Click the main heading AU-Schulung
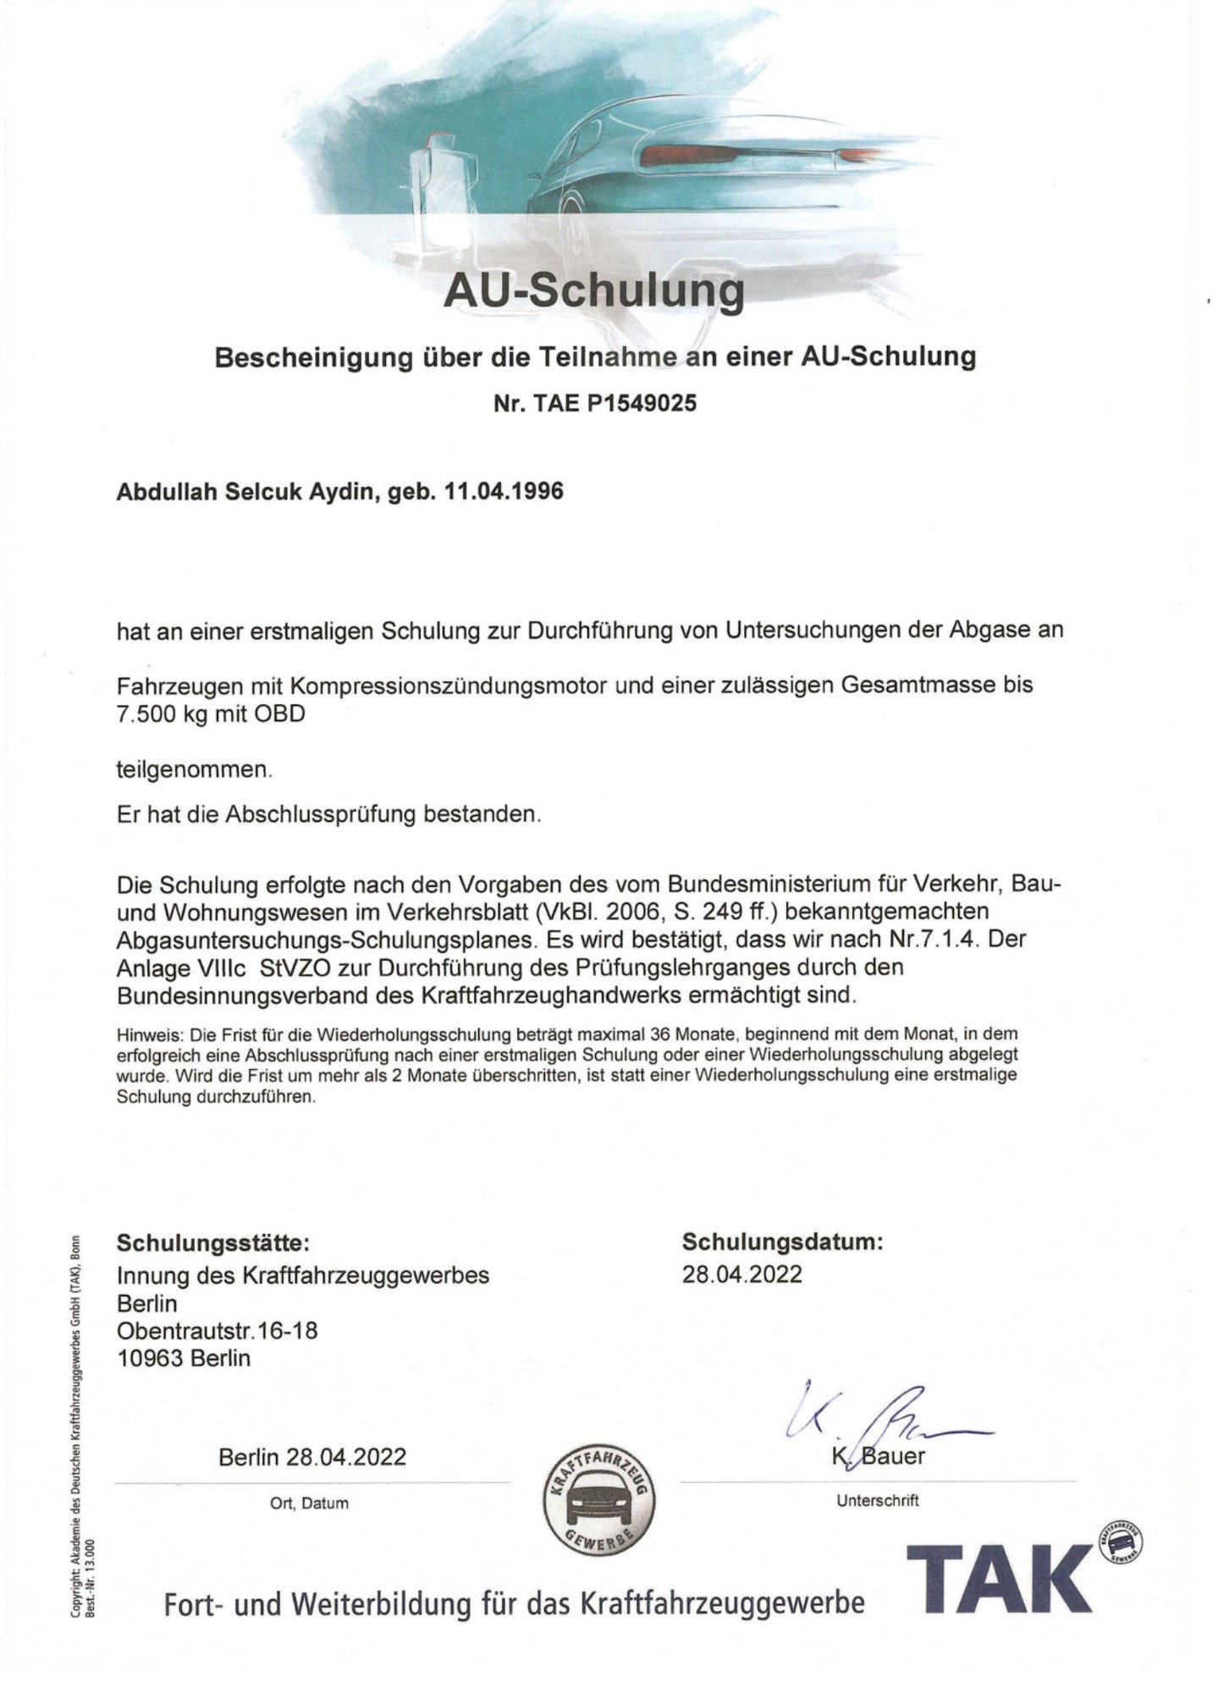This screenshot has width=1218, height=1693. (593, 291)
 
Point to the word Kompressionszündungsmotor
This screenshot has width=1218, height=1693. (443, 684)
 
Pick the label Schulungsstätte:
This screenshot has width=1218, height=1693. (213, 1244)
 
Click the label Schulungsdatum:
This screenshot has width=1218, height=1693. (782, 1242)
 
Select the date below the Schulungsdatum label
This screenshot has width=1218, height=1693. (741, 1274)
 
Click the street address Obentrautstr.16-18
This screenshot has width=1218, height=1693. (217, 1331)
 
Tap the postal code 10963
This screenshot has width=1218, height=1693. (150, 1359)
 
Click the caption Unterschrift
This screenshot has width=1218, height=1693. (877, 1501)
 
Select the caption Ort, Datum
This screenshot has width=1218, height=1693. (309, 1503)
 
